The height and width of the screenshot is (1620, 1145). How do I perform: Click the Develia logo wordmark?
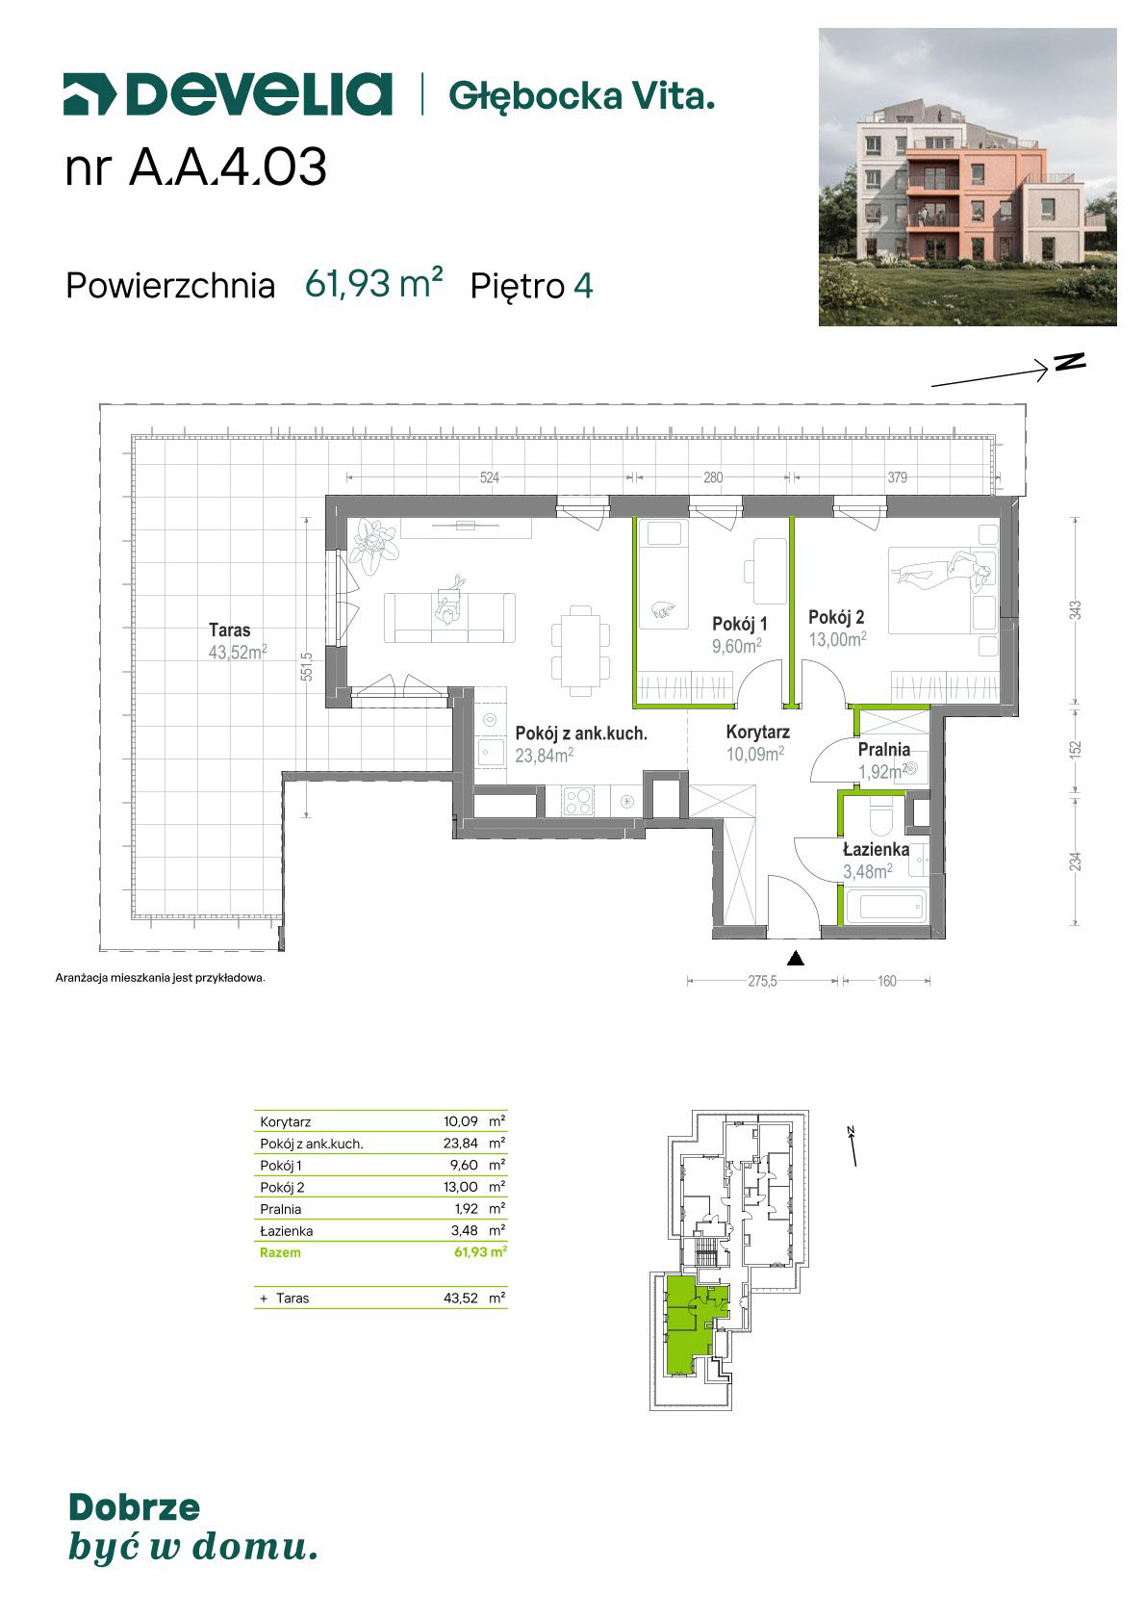[x=228, y=94]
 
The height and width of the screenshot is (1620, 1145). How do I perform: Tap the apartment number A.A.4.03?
[x=228, y=167]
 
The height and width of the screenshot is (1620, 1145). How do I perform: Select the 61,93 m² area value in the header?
[x=373, y=284]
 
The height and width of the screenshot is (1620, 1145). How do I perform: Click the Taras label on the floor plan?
[x=230, y=630]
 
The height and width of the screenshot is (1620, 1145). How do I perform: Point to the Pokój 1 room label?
[x=740, y=624]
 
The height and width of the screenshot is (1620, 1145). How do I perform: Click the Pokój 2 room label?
[x=836, y=618]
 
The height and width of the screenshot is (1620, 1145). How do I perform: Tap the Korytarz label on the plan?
[x=757, y=732]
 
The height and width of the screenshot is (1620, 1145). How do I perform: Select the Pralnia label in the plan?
[x=884, y=749]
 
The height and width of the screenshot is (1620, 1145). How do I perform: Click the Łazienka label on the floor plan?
[x=877, y=849]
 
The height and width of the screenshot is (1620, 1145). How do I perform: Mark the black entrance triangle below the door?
[x=796, y=959]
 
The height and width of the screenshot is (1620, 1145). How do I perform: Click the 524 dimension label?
[x=490, y=477]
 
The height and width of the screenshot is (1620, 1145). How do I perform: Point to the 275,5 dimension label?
[x=763, y=982]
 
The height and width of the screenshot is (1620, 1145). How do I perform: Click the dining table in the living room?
[x=580, y=651]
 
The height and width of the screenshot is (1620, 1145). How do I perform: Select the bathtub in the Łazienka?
[x=885, y=906]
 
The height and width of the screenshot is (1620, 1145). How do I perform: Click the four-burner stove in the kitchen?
[x=578, y=801]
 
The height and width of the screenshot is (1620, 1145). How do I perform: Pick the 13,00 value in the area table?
[x=461, y=1187]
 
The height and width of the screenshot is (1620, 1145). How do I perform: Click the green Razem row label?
[x=280, y=1252]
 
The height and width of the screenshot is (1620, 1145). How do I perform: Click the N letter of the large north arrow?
[x=1070, y=361]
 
